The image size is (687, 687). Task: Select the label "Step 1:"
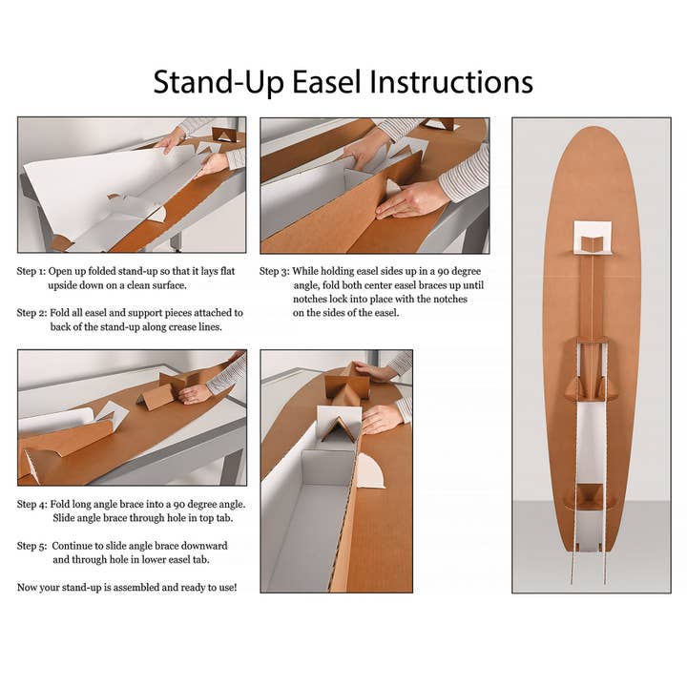31,272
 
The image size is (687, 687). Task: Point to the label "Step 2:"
31,313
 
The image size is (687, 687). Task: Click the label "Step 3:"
274,272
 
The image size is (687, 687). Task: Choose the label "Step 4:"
31,505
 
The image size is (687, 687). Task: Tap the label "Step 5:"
31,547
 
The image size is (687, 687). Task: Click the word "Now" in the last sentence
27,588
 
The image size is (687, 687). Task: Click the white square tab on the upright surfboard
593,238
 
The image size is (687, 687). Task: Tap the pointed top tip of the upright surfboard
593,128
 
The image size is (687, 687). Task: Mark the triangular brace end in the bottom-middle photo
338,429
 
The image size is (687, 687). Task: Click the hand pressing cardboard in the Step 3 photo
413,199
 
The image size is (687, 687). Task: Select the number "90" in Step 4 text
179,505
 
